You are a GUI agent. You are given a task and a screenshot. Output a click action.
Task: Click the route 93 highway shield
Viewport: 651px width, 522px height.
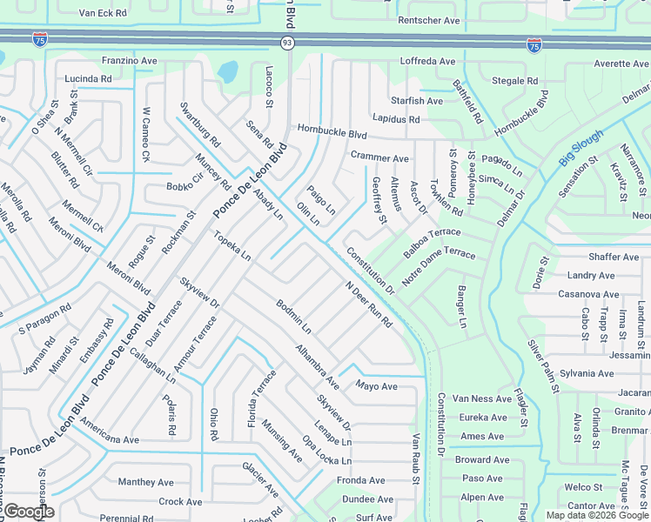pyautogui.click(x=286, y=43)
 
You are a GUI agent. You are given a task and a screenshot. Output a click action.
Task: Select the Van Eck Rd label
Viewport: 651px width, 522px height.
pyautogui.click(x=102, y=14)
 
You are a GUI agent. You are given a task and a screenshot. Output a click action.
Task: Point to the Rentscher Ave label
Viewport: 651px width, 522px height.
pyautogui.click(x=427, y=19)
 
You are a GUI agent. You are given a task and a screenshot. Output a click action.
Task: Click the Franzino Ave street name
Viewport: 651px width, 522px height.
pyautogui.click(x=129, y=61)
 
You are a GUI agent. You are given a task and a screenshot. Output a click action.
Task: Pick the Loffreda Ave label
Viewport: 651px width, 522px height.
pyautogui.click(x=427, y=62)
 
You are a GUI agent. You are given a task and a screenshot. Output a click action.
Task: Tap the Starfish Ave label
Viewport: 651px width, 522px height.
pyautogui.click(x=417, y=101)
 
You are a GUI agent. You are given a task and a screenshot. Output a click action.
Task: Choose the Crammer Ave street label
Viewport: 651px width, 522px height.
pyautogui.click(x=379, y=158)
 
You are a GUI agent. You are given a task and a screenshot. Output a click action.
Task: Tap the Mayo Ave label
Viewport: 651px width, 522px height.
pyautogui.click(x=376, y=386)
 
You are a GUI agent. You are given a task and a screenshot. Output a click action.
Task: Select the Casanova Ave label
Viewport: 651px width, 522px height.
pyautogui.click(x=587, y=294)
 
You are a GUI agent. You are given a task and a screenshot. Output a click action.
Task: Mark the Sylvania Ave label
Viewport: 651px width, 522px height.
pyautogui.click(x=587, y=373)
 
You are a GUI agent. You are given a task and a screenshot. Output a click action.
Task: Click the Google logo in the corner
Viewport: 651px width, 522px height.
pyautogui.click(x=28, y=512)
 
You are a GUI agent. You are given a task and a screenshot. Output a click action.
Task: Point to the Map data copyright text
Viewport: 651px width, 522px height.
pyautogui.click(x=597, y=515)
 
